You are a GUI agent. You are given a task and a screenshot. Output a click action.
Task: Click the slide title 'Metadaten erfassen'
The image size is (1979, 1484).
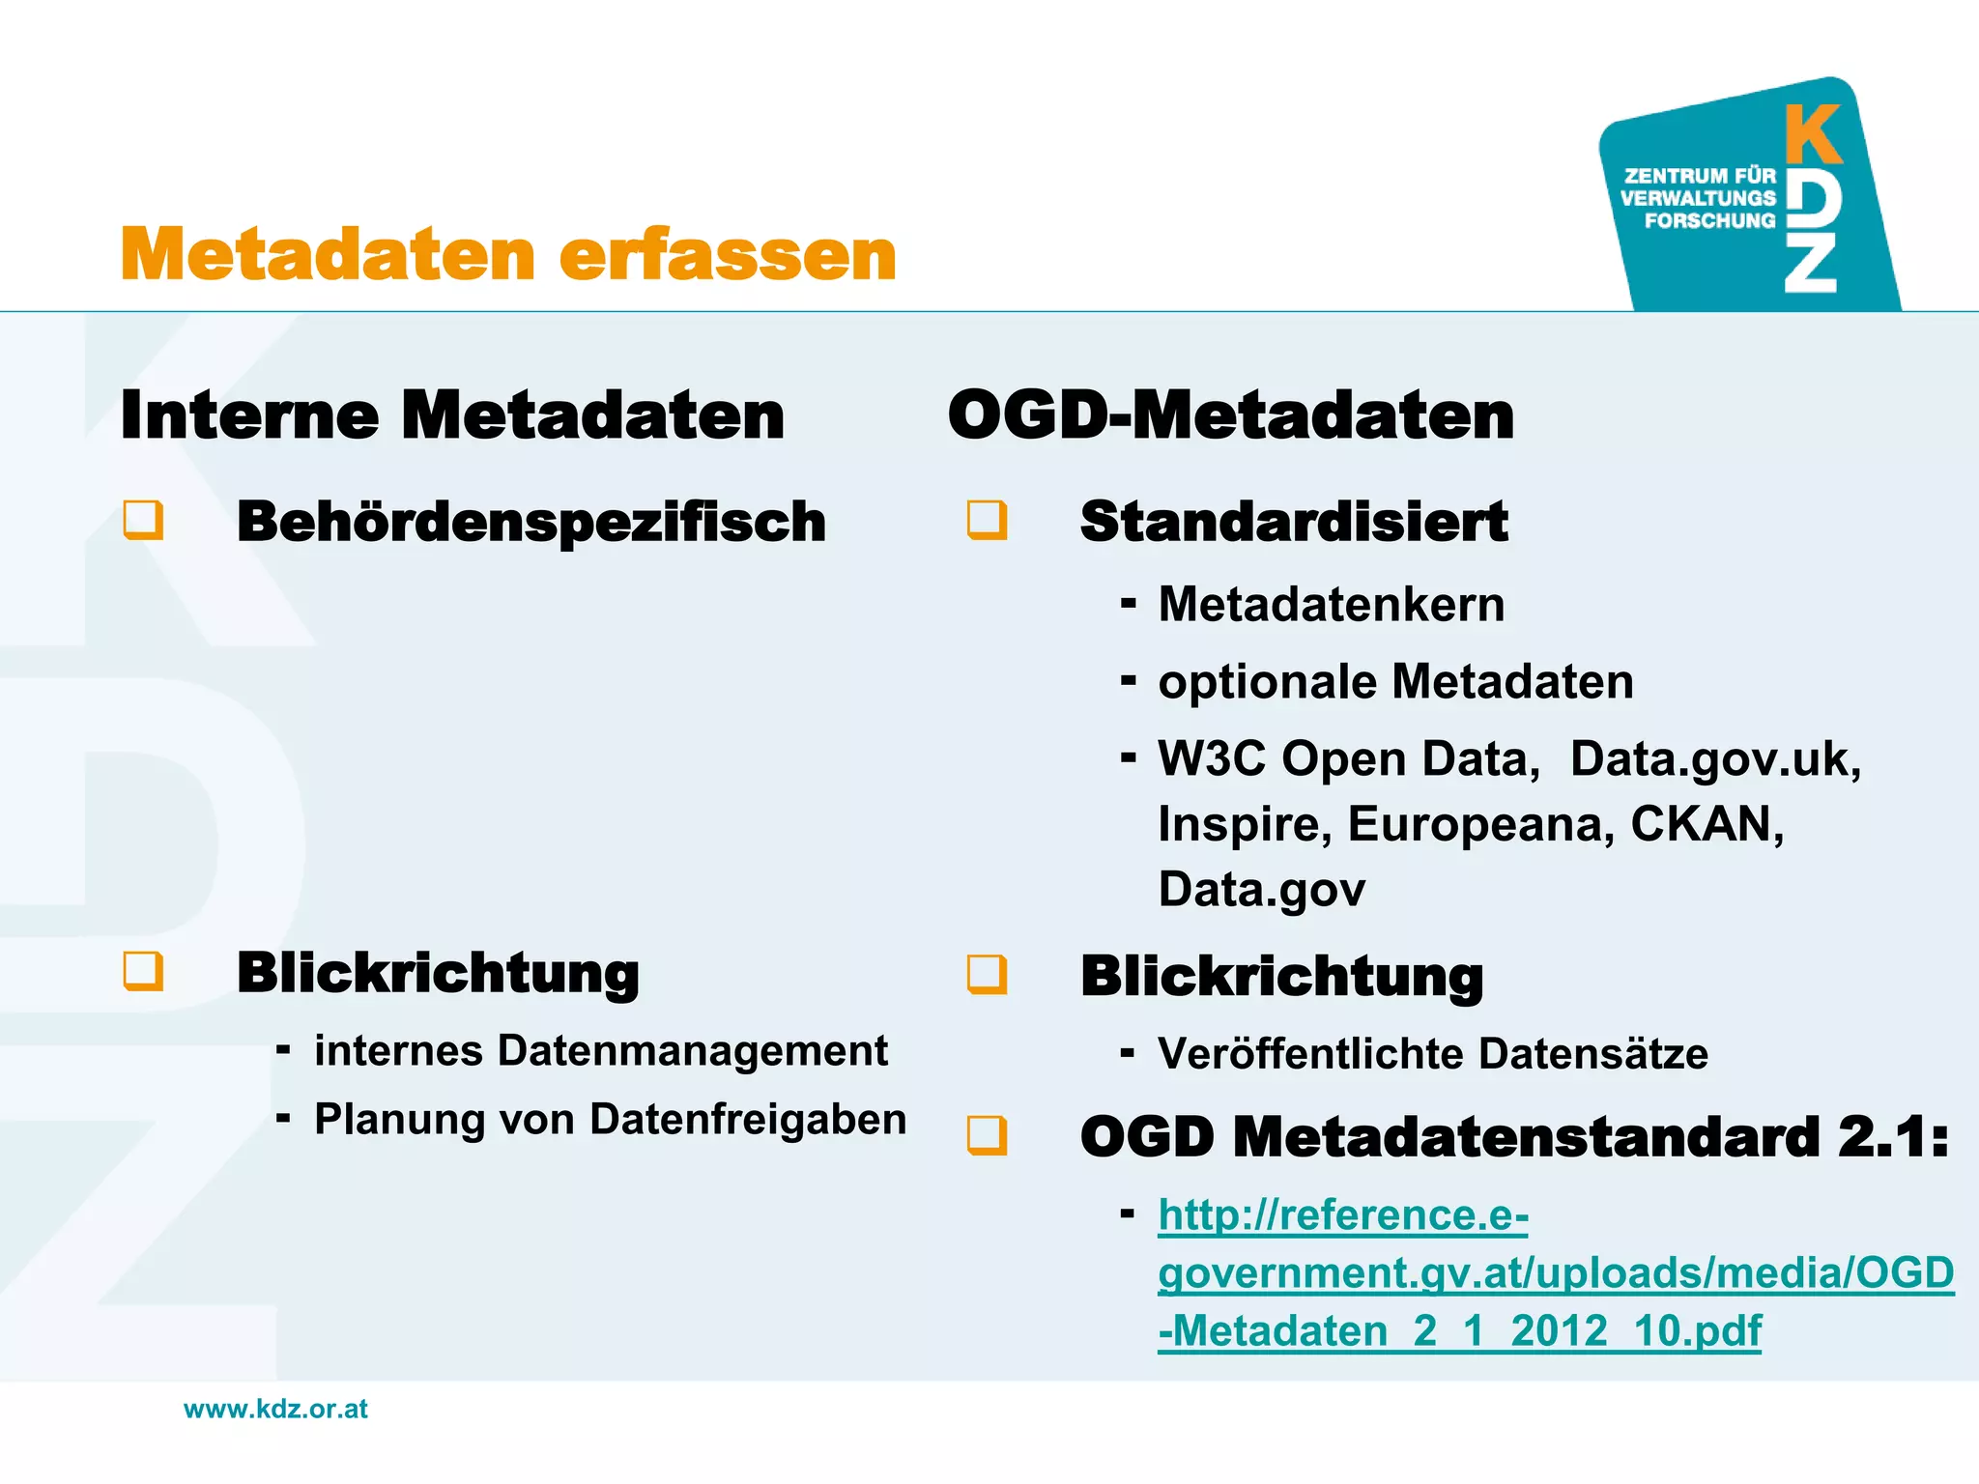point(508,254)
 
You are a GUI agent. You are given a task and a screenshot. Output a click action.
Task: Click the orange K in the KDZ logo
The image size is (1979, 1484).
point(1813,134)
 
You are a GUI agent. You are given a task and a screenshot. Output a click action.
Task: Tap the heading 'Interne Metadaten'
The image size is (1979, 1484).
point(452,415)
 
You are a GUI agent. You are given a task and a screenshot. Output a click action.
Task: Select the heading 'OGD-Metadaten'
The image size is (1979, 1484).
point(1230,415)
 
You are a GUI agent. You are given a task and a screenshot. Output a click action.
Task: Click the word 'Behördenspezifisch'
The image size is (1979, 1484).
point(531,522)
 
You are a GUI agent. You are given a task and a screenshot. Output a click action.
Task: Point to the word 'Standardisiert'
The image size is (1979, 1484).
point(1294,522)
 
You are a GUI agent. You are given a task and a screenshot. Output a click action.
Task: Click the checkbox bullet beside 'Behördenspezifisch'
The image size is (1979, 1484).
point(143,520)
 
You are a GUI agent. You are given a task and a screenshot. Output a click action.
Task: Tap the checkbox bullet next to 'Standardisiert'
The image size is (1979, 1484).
point(987,520)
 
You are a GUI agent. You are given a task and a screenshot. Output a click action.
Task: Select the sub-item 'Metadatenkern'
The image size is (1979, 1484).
point(1331,605)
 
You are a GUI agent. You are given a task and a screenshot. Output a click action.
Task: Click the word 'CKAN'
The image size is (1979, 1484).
point(1706,824)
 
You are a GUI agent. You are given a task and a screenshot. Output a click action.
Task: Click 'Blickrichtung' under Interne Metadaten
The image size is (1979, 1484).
point(438,973)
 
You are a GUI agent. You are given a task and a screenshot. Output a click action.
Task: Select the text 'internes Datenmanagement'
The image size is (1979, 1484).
point(600,1051)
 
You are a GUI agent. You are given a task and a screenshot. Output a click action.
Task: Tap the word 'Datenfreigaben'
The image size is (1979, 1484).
point(748,1120)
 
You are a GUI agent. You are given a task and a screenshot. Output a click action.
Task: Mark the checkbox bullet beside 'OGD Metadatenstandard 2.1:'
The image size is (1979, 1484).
point(987,1135)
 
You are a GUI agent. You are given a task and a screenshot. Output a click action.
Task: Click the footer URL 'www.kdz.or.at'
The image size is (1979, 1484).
point(275,1409)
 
